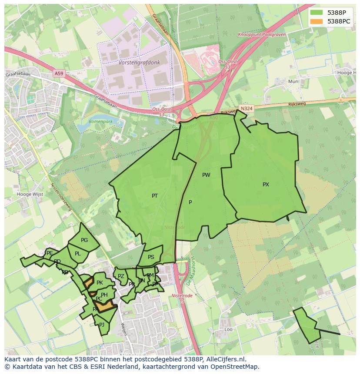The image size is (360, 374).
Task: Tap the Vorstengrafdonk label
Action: (x=139, y=63)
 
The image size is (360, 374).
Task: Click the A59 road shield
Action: (x=59, y=74)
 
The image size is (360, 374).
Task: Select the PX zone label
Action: (x=266, y=185)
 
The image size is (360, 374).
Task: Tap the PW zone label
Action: (x=206, y=175)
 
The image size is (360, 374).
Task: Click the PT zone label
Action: (x=155, y=196)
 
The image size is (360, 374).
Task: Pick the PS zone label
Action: (x=151, y=257)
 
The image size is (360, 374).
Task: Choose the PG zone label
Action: (x=84, y=240)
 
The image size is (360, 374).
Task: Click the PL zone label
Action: (x=78, y=254)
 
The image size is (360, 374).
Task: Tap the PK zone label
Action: (x=100, y=283)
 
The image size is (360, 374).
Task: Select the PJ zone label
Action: (x=102, y=324)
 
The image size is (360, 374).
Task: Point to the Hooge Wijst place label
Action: (x=30, y=194)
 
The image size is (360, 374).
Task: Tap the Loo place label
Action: (x=229, y=330)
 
